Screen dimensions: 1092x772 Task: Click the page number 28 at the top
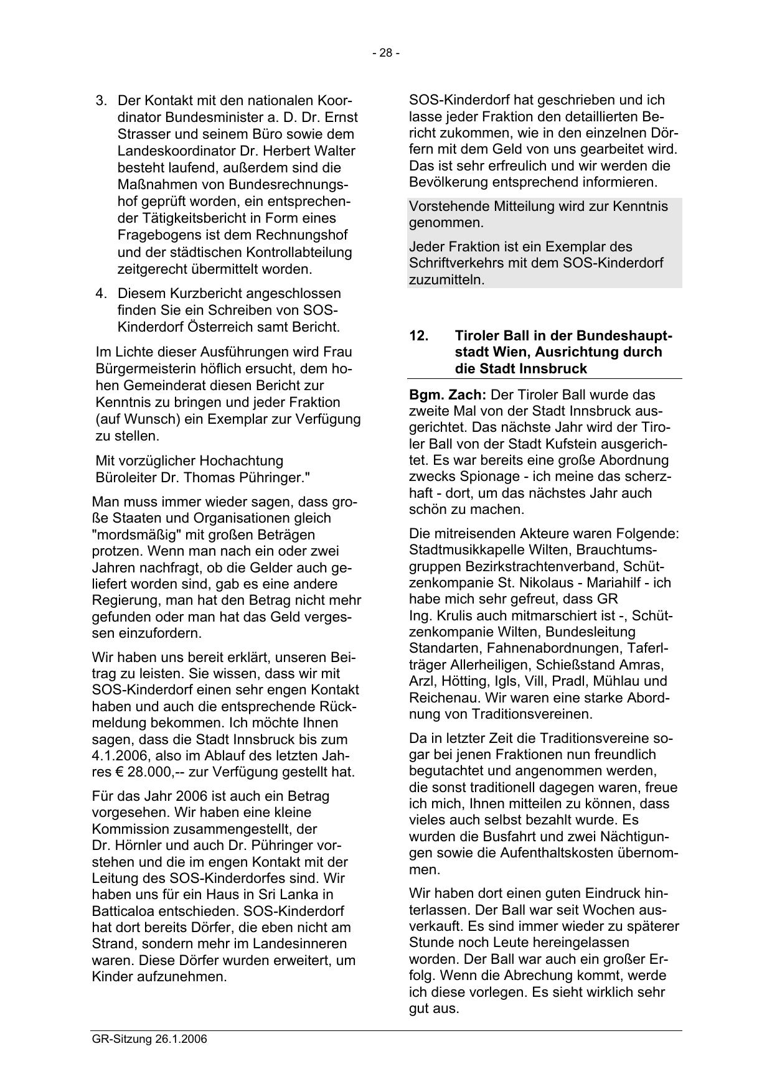pyautogui.click(x=386, y=53)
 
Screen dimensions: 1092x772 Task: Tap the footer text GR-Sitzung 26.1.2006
pyautogui.click(x=149, y=1039)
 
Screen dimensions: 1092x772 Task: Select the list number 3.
pyautogui.click(x=101, y=100)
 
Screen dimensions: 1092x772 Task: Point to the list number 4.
pyautogui.click(x=101, y=293)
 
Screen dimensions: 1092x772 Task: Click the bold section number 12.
pyautogui.click(x=419, y=335)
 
